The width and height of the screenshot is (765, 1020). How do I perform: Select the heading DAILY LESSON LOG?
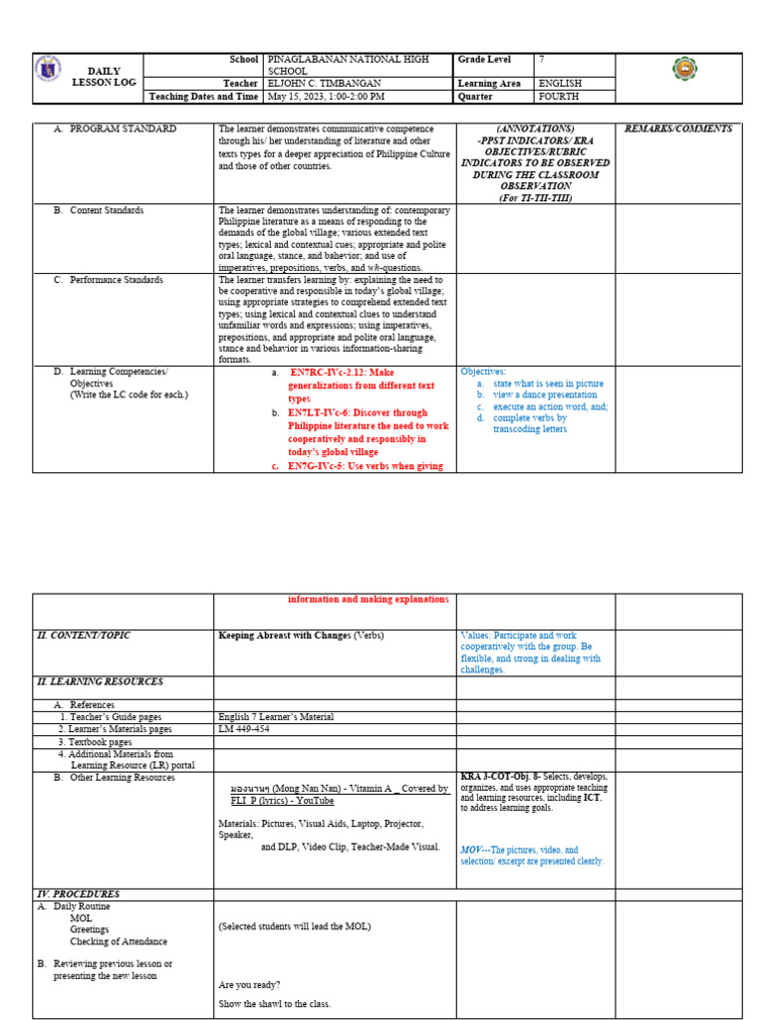[96, 77]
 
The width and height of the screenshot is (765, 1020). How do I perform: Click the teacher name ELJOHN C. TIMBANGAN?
[325, 84]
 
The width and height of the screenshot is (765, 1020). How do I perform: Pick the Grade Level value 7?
[542, 60]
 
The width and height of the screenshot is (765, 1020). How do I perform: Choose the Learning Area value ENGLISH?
[560, 84]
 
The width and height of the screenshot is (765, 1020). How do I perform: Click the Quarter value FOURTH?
[559, 97]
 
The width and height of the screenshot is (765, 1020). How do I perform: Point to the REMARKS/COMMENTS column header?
[677, 128]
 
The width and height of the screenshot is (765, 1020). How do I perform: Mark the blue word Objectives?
[483, 372]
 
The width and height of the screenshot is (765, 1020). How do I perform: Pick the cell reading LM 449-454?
[243, 728]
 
